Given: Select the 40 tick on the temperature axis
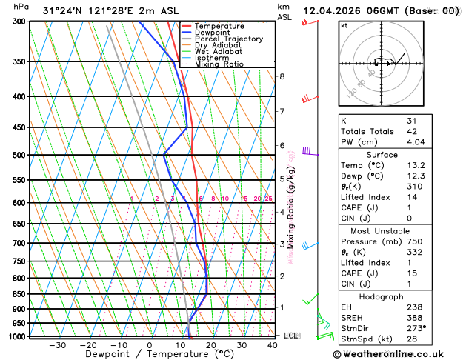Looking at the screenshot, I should pyautogui.click(x=273, y=345).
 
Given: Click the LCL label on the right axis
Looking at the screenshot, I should pyautogui.click(x=291, y=336).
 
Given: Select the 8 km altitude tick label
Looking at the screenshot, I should pyautogui.click(x=282, y=76).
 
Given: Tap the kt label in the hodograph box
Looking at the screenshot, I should pyautogui.click(x=344, y=25).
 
